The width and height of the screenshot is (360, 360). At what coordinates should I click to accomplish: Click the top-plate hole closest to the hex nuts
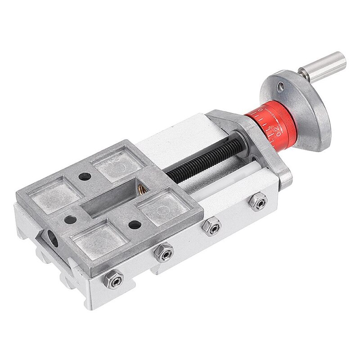pyautogui.click(x=134, y=224)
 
